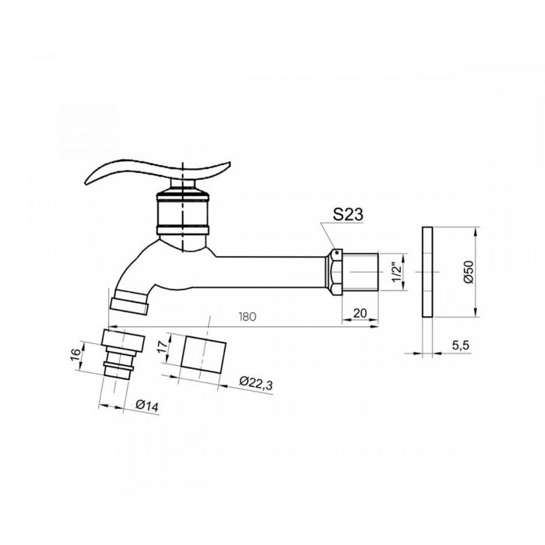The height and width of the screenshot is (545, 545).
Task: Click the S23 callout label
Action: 348,214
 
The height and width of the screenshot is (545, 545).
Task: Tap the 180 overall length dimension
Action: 248,317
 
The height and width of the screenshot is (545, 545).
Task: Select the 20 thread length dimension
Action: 360,313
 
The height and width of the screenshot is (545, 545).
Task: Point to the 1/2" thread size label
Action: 397,272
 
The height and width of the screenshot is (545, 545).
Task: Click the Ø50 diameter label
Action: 469,272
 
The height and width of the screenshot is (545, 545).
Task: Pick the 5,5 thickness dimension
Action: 461,345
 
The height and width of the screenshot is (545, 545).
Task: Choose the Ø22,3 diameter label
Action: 256,383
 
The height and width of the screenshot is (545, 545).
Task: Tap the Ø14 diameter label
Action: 147,406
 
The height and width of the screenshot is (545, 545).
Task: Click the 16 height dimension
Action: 75,354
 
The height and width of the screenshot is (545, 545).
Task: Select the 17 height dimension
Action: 163,346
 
